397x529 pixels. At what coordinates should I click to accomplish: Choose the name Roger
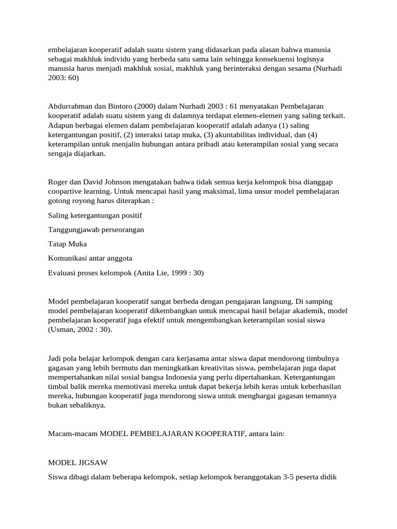[58, 182]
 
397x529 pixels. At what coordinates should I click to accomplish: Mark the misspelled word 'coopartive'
[66, 191]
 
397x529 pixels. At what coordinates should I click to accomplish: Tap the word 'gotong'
[59, 200]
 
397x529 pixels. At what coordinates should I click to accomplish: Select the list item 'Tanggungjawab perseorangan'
[96, 229]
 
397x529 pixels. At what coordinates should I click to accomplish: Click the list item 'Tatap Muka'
[67, 243]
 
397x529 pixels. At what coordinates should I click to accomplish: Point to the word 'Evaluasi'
[63, 272]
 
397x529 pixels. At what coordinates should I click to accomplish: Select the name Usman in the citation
[63, 330]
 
